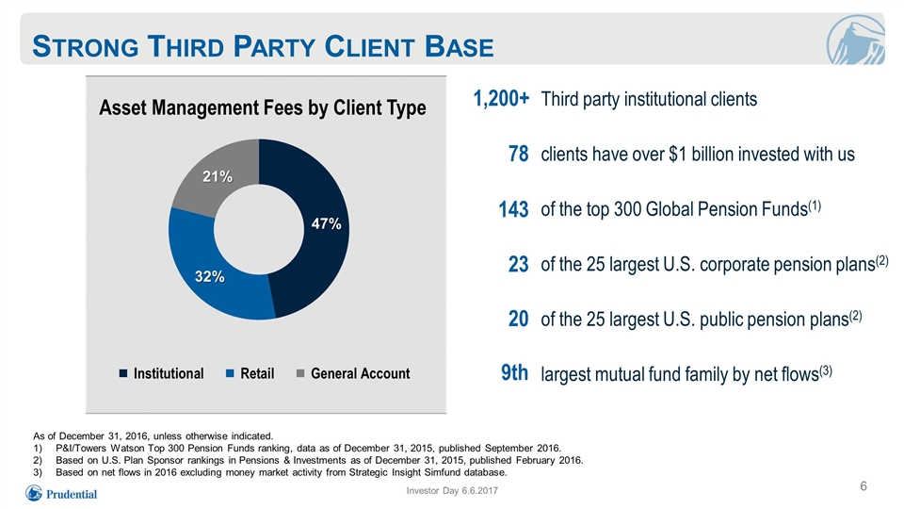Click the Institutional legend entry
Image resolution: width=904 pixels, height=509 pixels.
pos(161,374)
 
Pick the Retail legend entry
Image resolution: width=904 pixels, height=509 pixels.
pos(250,374)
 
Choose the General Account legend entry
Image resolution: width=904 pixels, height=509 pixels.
pos(353,374)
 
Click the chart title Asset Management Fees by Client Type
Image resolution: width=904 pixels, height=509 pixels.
pos(263,107)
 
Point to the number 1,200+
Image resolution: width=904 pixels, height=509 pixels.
pos(501,99)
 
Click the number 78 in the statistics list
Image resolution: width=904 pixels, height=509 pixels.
pos(518,154)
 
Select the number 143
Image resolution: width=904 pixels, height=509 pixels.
pos(514,209)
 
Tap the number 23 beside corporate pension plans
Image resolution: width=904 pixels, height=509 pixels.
pos(518,264)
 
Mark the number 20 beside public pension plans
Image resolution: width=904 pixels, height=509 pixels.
pos(518,320)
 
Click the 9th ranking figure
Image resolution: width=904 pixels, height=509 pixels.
pos(514,373)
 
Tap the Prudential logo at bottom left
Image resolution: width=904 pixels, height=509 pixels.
pos(61,494)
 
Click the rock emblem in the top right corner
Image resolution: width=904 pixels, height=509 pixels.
pos(855,41)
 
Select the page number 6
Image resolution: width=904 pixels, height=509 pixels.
pos(864,486)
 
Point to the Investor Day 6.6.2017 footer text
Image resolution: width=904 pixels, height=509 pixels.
pos(452,490)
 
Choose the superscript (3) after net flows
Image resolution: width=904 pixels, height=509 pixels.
pos(826,370)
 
